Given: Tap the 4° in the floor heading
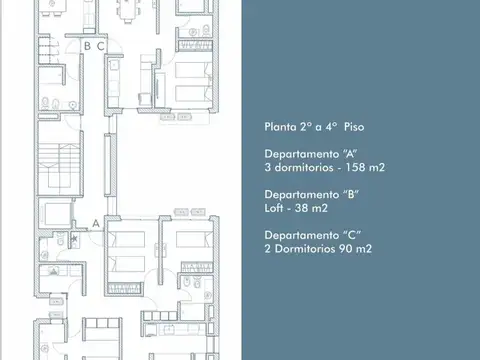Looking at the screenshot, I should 327,127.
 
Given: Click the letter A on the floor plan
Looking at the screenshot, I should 94,222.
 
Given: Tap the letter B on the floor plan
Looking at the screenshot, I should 87,45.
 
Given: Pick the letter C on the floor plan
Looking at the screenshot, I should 101,45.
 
